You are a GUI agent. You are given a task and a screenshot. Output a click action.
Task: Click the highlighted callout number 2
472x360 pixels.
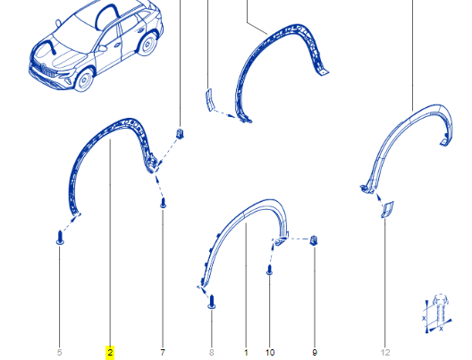coord(110,352)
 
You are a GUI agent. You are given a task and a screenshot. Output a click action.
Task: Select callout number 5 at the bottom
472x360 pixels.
coord(59,352)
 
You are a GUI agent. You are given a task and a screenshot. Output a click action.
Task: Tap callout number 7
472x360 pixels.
coord(163,352)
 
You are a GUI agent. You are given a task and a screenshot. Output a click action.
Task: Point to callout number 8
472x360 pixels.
coord(211,352)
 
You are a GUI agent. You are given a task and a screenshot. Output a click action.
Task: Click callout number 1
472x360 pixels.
coord(246,352)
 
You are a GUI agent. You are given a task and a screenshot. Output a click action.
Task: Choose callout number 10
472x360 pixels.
coord(270,352)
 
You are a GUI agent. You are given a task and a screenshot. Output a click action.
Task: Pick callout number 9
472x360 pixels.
coord(315,352)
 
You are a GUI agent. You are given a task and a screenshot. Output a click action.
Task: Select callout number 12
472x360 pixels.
coord(385,352)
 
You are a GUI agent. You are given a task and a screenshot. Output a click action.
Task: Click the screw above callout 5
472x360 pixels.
coord(60,238)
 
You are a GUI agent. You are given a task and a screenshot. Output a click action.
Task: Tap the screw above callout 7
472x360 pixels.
coord(163,203)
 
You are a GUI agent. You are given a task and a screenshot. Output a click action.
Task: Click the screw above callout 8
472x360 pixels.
coord(212,302)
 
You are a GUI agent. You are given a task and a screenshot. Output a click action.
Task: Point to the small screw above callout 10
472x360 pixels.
coord(269,270)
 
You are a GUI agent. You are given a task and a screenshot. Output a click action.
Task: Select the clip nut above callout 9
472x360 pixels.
coord(314,240)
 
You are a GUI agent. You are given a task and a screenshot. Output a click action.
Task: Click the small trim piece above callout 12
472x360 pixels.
coord(387,209)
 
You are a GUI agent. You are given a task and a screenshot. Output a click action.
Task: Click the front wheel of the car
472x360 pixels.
coord(84,80)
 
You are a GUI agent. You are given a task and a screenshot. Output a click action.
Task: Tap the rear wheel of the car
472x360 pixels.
coord(147,44)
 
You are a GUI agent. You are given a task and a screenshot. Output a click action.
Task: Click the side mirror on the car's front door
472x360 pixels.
coord(102,48)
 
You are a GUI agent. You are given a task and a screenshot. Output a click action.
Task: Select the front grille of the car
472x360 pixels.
coord(46,70)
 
